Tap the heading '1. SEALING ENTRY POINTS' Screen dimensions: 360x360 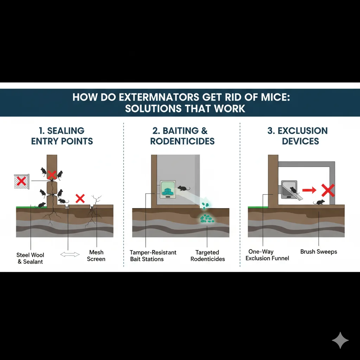[62, 136]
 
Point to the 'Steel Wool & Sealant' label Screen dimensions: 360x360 [31, 258]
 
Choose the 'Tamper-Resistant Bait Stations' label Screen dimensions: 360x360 [153, 256]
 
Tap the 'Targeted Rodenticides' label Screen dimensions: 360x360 [207, 256]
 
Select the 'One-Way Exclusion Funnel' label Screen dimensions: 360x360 [267, 255]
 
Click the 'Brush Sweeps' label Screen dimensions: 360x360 [319, 252]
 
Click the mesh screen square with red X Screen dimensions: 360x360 [22, 181]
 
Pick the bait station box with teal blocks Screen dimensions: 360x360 [168, 190]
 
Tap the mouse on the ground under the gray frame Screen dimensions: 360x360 [319, 202]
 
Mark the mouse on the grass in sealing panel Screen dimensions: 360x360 [40, 205]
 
